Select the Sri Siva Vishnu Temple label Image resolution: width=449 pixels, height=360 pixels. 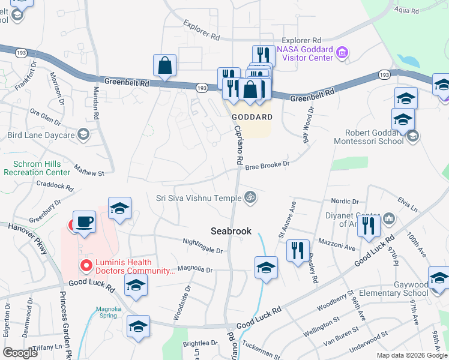coord(198,197)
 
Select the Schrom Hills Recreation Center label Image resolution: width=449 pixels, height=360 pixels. coord(36,168)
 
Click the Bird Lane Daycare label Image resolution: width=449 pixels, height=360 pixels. coord(41,135)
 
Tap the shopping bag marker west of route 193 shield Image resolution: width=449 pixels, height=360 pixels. coord(164,66)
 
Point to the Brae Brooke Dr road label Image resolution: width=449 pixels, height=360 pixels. coord(267,164)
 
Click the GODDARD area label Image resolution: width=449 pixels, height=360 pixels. coord(252,117)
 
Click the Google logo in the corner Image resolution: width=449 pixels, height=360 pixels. coord(20,352)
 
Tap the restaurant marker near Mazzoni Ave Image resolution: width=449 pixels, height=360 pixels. coord(298,250)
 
